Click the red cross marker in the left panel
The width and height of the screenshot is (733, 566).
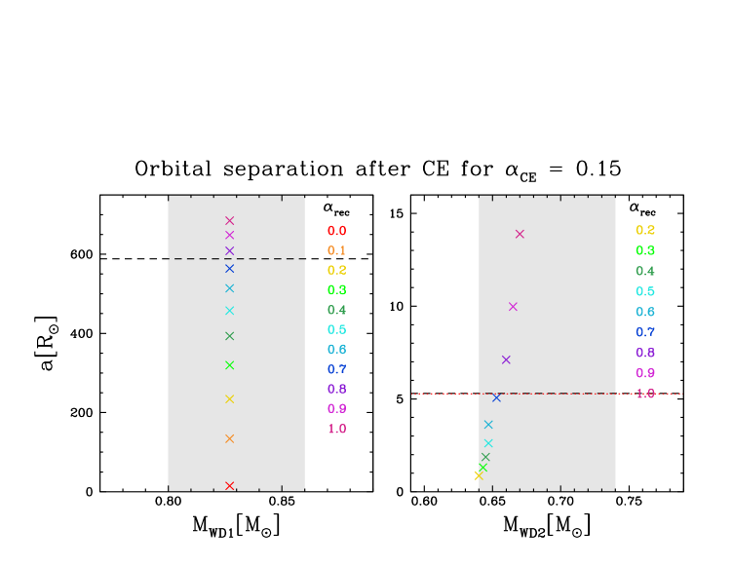point(229,485)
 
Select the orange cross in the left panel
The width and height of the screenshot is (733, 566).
point(229,438)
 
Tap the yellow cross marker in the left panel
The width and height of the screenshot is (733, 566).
point(229,398)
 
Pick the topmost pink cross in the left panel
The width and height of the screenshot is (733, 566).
point(229,220)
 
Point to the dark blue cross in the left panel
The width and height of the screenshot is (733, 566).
point(229,268)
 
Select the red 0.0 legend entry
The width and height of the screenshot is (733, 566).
point(336,231)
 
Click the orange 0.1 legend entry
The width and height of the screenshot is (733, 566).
point(336,250)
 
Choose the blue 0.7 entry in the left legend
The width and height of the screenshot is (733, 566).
point(336,369)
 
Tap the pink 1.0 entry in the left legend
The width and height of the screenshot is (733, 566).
point(336,429)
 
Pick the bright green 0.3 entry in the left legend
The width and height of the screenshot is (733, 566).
point(336,290)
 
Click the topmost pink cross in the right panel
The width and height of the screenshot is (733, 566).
point(520,234)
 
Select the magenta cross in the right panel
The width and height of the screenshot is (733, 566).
point(513,307)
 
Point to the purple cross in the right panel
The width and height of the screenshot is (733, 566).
point(506,359)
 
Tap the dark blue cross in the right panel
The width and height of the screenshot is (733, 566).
point(496,397)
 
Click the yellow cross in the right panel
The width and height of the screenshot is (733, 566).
point(478,475)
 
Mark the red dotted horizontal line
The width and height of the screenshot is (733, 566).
point(439,394)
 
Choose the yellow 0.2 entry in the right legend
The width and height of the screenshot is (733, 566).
point(645,231)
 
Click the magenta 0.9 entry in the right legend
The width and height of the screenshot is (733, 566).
point(645,373)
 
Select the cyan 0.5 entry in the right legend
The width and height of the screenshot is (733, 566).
point(645,291)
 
